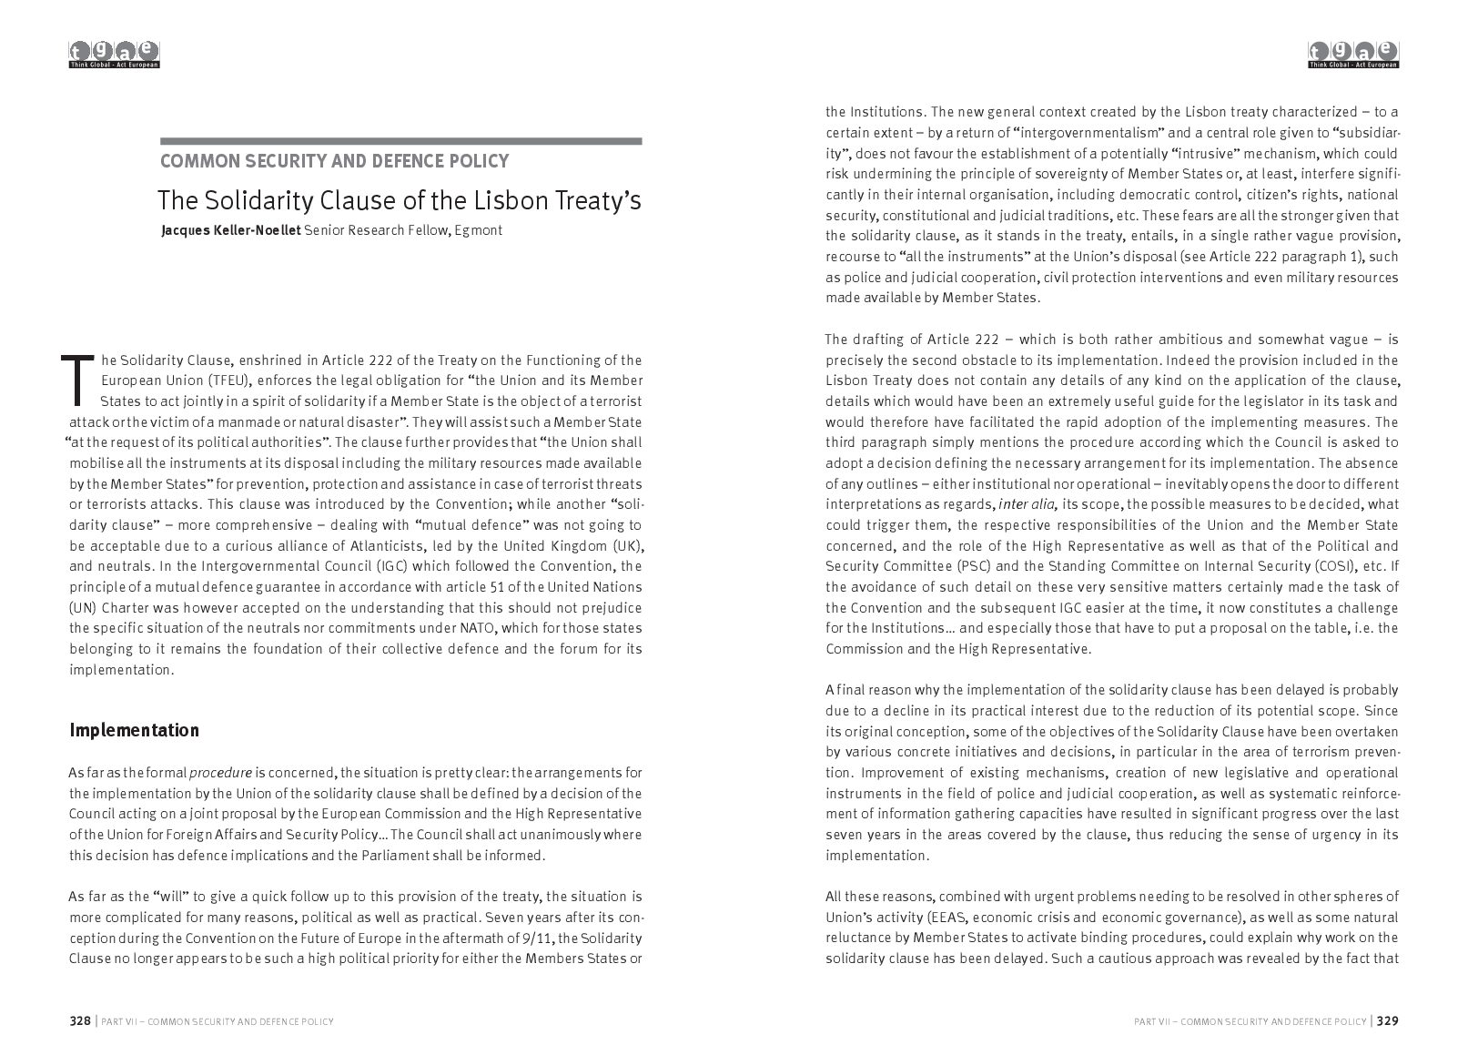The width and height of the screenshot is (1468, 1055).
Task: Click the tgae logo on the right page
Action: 1353,55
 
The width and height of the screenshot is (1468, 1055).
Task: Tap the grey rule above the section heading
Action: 400,141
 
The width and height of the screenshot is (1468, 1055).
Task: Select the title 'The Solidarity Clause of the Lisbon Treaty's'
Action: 399,200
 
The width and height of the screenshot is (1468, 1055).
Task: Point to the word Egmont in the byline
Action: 480,230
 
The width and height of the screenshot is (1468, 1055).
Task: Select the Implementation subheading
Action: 134,730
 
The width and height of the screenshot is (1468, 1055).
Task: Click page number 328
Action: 81,1021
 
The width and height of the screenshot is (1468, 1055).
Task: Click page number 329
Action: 1387,1021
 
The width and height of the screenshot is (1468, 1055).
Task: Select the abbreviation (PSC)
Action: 975,566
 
